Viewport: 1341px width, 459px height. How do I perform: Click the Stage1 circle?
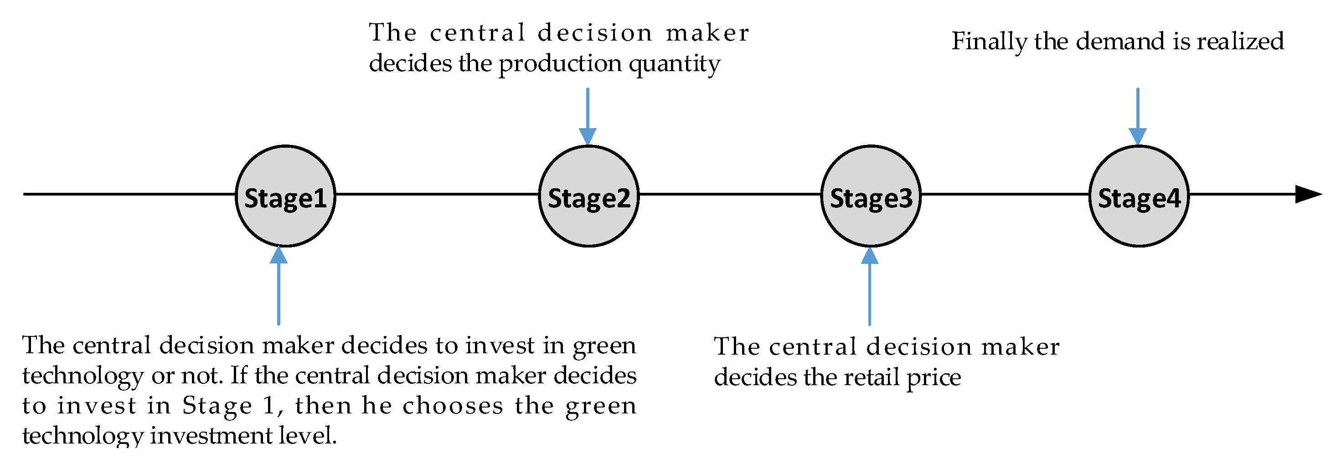(285, 196)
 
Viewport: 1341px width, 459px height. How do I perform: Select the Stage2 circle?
(588, 196)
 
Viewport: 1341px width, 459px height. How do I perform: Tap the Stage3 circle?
(871, 196)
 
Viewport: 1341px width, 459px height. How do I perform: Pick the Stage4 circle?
(1139, 196)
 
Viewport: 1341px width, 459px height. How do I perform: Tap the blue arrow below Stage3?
(869, 286)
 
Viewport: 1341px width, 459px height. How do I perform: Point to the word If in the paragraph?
(238, 376)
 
